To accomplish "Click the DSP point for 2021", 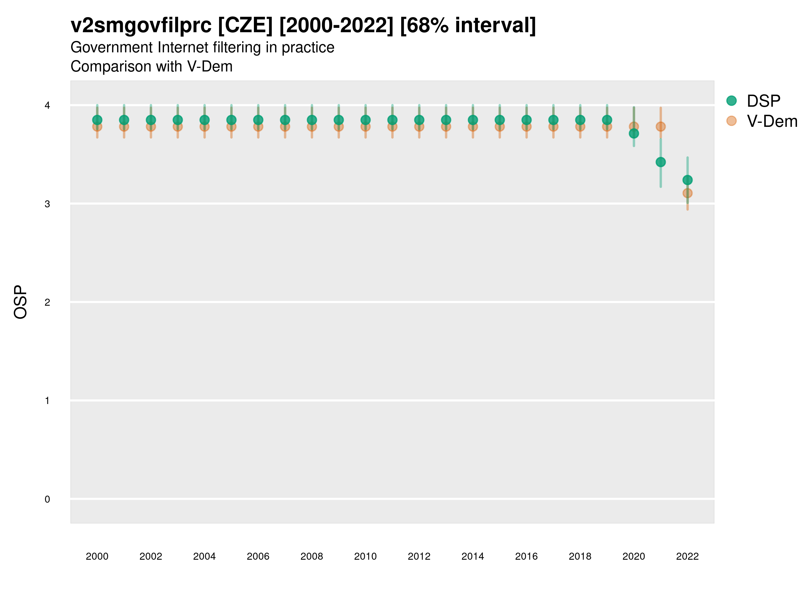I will (x=660, y=162).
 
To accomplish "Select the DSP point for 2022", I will (x=688, y=180).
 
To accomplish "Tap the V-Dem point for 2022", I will (x=688, y=193).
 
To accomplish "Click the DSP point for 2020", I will (x=634, y=134).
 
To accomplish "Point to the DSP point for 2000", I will (x=97, y=120).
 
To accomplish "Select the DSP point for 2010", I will (x=365, y=120).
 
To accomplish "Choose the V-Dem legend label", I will (x=772, y=121).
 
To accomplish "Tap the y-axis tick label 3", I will (x=47, y=204).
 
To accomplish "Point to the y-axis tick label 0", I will (x=47, y=499).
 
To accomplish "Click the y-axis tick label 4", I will (x=47, y=106).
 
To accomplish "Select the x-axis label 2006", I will (x=258, y=556).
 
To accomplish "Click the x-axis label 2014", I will (x=473, y=556).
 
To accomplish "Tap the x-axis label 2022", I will (x=688, y=556).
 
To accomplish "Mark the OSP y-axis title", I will (x=21, y=302).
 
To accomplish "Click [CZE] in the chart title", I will (x=245, y=26).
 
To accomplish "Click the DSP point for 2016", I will (x=526, y=120).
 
